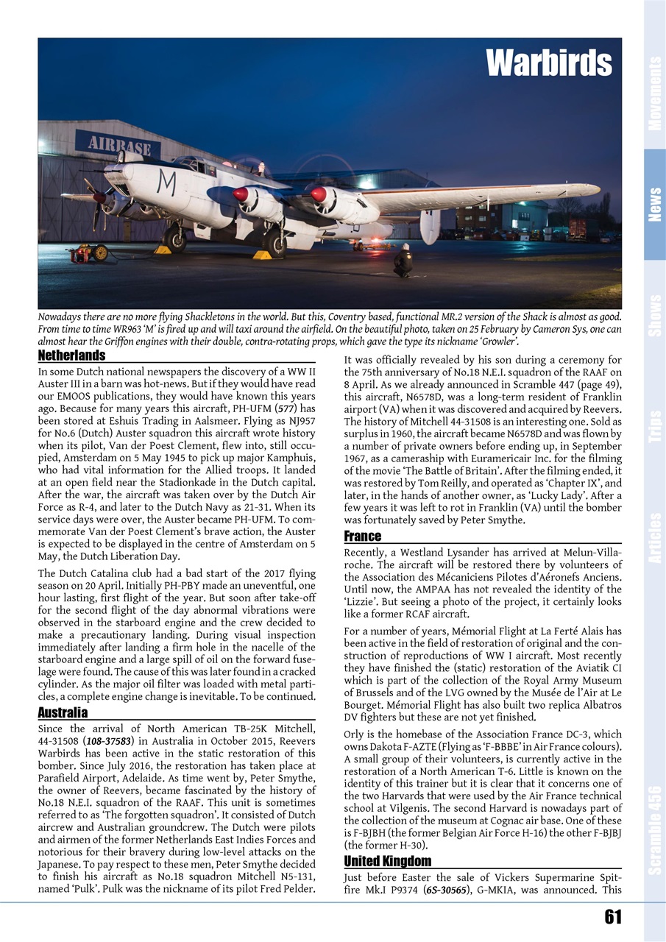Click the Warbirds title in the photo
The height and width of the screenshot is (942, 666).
(x=548, y=64)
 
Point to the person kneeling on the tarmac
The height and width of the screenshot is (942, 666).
(x=403, y=261)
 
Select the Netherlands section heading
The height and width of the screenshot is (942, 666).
(x=71, y=356)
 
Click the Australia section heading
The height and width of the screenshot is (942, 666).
(x=63, y=712)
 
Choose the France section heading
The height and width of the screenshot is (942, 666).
(x=362, y=536)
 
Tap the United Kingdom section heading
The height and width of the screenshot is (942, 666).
(x=387, y=861)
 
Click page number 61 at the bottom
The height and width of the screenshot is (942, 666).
(x=612, y=916)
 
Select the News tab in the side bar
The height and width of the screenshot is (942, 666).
(x=654, y=205)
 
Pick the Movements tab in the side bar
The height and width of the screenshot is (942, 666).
(x=654, y=93)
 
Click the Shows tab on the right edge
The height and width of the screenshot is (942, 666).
(x=654, y=315)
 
